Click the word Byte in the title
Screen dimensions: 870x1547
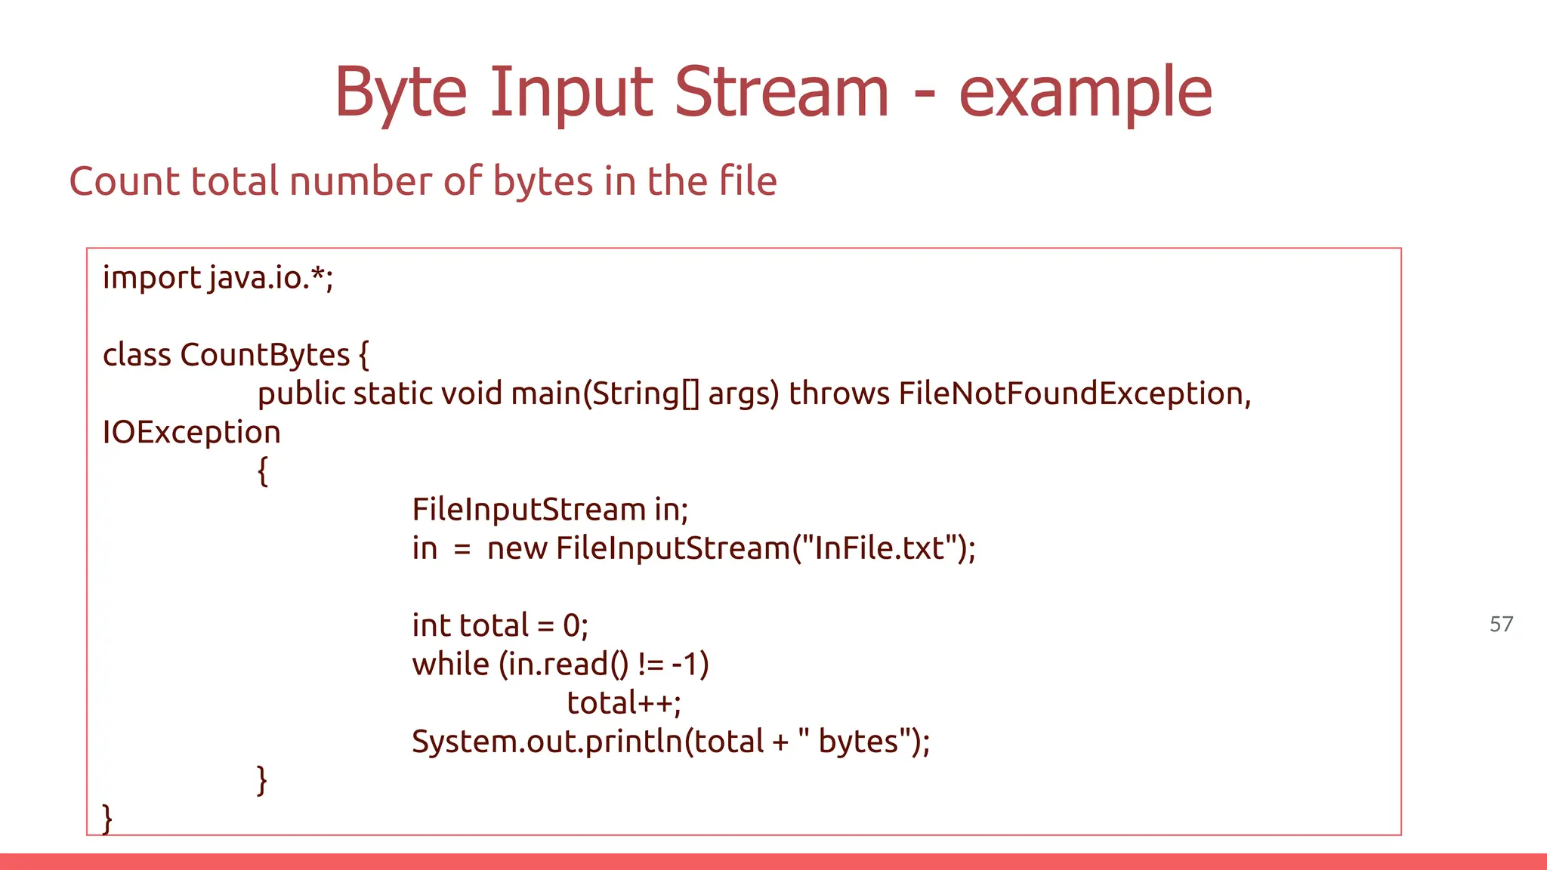tap(401, 93)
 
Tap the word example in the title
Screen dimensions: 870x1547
tap(1085, 93)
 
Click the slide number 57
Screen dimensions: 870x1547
tap(1501, 624)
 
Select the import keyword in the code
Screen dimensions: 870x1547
tap(151, 278)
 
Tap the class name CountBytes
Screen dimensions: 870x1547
tap(264, 355)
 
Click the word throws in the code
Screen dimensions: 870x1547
tap(839, 393)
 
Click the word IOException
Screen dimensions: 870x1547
tap(192, 432)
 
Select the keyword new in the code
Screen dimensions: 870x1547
tap(517, 548)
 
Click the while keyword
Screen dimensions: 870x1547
tap(450, 664)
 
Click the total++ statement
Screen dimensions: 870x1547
tap(624, 703)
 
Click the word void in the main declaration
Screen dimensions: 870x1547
tap(471, 393)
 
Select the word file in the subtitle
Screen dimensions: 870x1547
tap(748, 181)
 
